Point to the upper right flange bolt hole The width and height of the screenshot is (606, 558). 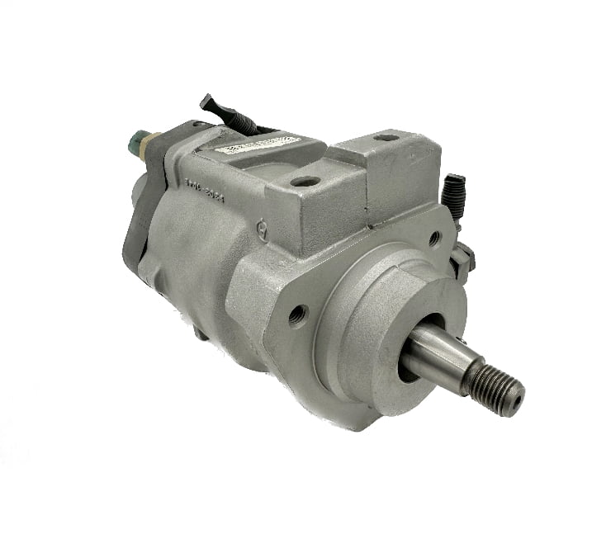coord(434,239)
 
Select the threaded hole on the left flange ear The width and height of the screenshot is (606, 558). coord(298,314)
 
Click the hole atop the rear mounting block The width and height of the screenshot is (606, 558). coord(385,138)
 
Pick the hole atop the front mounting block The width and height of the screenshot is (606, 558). coord(306,181)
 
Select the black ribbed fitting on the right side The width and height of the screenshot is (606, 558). coord(453,197)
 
